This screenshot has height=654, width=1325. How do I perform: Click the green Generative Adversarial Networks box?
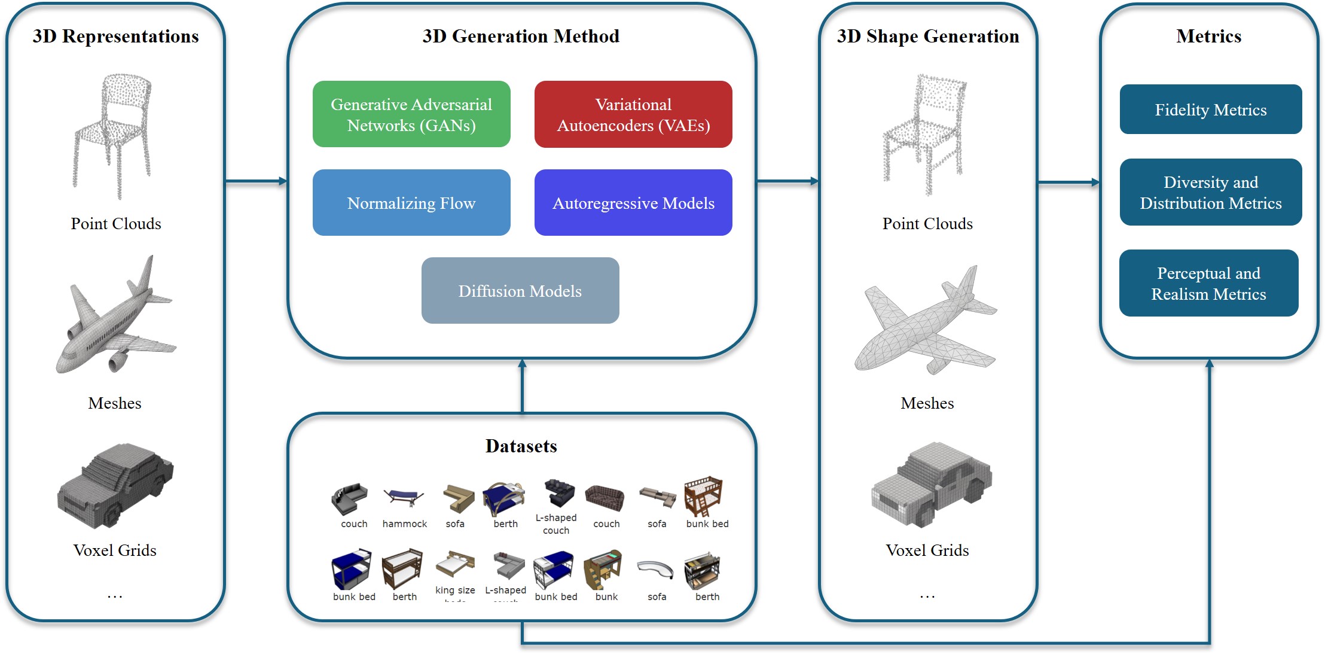[x=411, y=114]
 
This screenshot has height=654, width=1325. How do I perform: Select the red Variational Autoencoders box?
[x=633, y=114]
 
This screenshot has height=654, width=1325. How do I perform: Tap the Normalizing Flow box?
[x=411, y=203]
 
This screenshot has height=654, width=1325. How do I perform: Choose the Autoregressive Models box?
[x=633, y=203]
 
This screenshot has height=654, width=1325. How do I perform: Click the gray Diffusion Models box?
[x=520, y=291]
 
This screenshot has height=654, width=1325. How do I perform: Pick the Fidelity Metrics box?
[x=1210, y=109]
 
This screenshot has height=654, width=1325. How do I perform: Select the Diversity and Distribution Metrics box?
[x=1210, y=192]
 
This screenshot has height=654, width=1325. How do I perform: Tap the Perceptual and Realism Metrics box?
[x=1208, y=283]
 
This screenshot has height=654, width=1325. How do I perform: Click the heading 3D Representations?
[x=115, y=36]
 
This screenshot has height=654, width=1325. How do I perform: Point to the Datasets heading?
[x=521, y=446]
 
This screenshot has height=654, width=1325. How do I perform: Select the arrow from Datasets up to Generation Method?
[x=522, y=386]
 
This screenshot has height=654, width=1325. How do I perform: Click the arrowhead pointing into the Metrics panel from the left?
[x=1095, y=182]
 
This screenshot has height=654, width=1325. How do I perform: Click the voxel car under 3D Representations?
[x=115, y=486]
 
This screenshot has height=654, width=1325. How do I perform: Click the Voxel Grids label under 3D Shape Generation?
[x=927, y=550]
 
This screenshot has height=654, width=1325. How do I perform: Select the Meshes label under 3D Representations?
[x=115, y=403]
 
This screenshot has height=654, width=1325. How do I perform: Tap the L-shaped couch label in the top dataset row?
[x=556, y=524]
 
